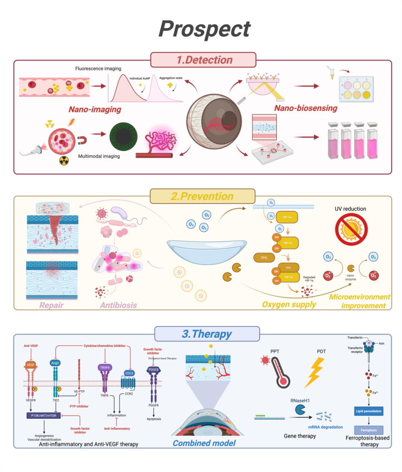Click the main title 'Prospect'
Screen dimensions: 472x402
pos(204,29)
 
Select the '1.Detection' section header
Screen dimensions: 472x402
pos(204,60)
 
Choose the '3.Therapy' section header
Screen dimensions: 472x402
pos(207,334)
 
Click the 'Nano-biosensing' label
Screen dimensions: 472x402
pos(306,108)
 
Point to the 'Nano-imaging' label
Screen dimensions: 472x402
pos(95,109)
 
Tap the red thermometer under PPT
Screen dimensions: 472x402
pos(280,372)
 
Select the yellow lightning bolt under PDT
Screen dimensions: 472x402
pos(315,372)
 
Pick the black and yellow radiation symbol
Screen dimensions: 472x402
pos(64,161)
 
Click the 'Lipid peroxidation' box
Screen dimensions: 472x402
pos(368,411)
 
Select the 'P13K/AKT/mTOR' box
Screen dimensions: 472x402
pos(44,415)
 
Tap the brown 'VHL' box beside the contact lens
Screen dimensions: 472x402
pos(264,257)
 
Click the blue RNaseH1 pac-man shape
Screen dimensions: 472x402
pos(300,410)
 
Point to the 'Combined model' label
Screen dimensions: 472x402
pos(204,443)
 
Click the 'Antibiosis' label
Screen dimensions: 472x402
pos(118,305)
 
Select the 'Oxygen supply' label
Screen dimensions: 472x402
pos(289,304)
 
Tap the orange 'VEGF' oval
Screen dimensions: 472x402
pos(31,365)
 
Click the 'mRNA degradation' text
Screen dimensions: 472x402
pos(325,427)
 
